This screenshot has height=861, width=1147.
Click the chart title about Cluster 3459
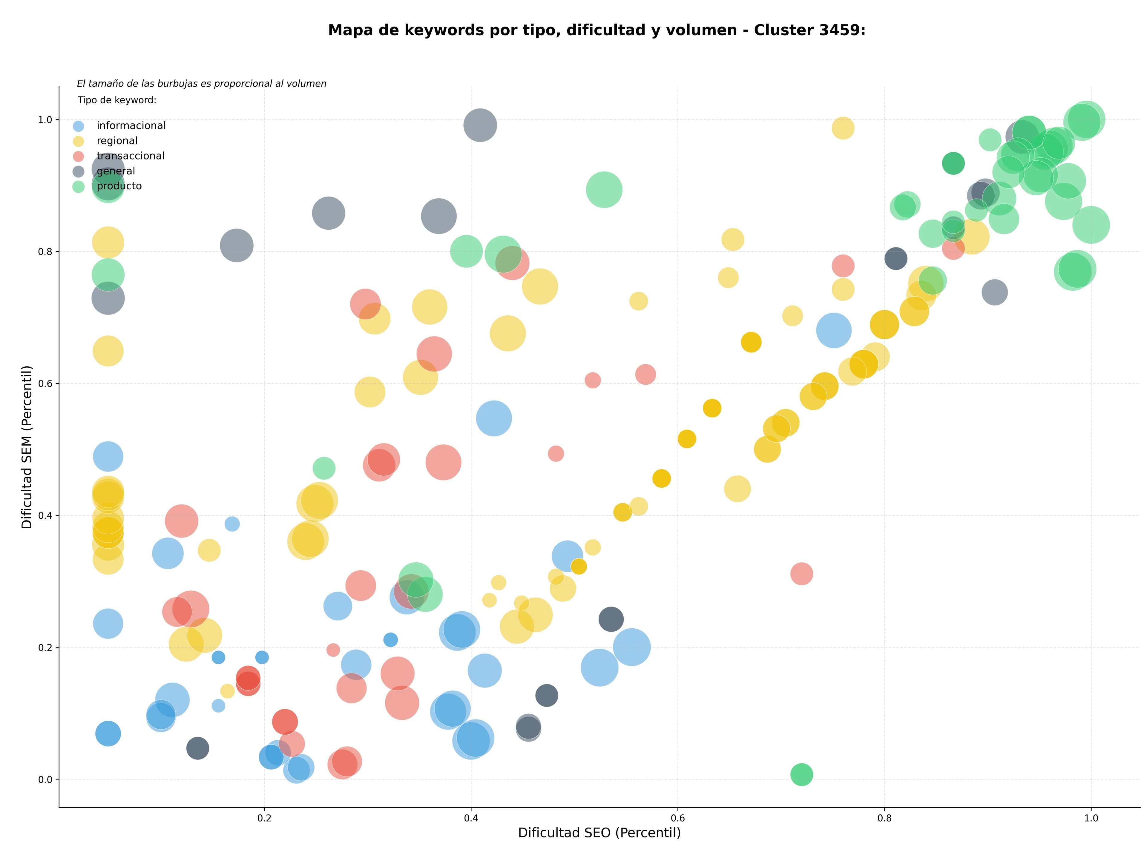pos(597,30)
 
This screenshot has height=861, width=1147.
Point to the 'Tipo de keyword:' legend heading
pos(117,100)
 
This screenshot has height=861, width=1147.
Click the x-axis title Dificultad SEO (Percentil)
pos(599,833)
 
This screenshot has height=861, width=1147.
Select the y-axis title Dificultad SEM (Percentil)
pos(27,447)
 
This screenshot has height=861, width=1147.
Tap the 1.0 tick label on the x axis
pos(1091,819)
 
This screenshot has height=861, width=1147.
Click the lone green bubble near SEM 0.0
pos(802,774)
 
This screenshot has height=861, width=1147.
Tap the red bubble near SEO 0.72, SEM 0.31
pos(802,574)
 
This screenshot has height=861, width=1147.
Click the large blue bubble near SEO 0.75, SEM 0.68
pos(833,330)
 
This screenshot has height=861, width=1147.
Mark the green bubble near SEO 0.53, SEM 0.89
pos(604,190)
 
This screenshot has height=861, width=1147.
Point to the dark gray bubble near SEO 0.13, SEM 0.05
pos(197,748)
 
